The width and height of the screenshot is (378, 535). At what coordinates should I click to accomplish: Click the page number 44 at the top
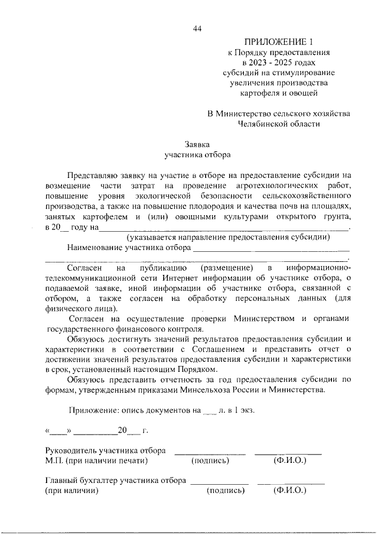click(x=197, y=29)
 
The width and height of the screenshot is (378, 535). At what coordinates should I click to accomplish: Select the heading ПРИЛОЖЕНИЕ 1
click(x=278, y=41)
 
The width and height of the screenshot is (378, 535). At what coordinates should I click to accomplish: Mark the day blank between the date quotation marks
click(x=58, y=432)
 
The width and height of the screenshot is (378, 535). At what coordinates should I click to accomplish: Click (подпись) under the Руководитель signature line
click(x=210, y=461)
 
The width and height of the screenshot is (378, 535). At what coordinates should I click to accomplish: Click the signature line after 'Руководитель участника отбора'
click(x=209, y=454)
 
